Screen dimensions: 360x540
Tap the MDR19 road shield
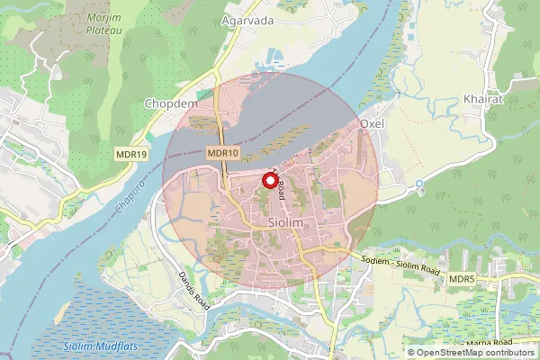coord(131,154)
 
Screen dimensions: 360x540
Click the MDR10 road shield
coord(222,154)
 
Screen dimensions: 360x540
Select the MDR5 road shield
coord(463,282)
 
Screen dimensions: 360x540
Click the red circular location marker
coord(269,181)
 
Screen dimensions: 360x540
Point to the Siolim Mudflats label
coord(99,347)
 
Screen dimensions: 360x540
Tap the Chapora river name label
coord(129,201)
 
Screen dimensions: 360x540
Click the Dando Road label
coord(193,291)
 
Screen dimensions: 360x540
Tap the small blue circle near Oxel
coord(418,184)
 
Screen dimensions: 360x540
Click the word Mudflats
coord(117,347)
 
